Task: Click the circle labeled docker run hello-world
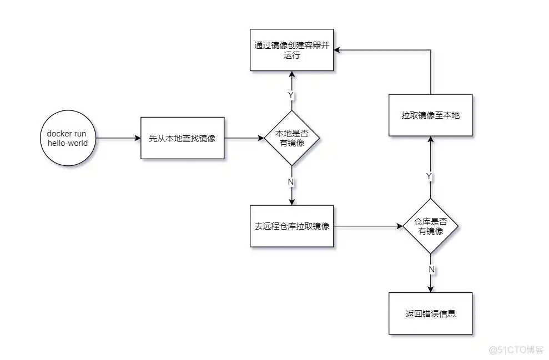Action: coord(67,138)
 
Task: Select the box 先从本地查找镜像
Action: coord(182,138)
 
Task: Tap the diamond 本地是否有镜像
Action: coord(292,138)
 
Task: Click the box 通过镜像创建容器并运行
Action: coord(292,50)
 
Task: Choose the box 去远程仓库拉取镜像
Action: coord(292,226)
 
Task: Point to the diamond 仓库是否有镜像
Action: coord(431,226)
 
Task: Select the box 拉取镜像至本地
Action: coord(431,115)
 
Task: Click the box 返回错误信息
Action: coord(431,313)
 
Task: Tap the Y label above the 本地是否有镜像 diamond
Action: coord(290,95)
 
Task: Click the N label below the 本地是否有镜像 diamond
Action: coord(291,181)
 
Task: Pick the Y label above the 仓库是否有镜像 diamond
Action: coord(429,176)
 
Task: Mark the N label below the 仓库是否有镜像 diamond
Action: coord(431,269)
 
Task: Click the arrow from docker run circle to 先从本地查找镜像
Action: coord(118,138)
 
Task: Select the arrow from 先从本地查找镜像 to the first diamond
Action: coord(244,138)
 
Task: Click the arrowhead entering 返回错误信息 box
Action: coord(431,288)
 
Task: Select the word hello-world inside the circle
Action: coord(67,143)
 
